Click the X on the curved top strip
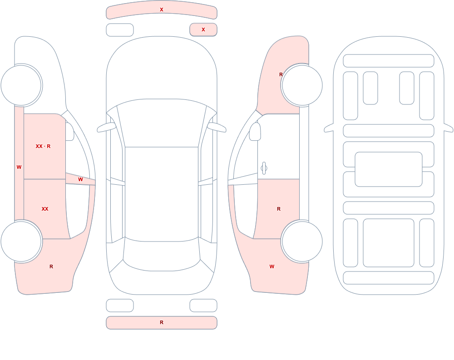[x=162, y=10]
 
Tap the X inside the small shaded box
[x=203, y=30]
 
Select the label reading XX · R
[x=43, y=146]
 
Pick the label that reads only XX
[x=45, y=209]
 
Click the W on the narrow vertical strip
[x=19, y=167]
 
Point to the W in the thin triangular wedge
[x=80, y=180]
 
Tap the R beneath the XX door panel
[x=51, y=266]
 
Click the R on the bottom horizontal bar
[x=162, y=322]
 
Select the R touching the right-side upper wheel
[x=281, y=74]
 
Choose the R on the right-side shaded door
[x=279, y=209]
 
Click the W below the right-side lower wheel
[x=272, y=266]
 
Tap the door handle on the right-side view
[x=264, y=168]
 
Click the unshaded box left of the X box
[x=120, y=30]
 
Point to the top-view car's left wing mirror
[x=106, y=127]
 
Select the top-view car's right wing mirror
[x=217, y=127]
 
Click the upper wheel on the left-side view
[x=21, y=85]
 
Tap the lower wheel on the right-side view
[x=302, y=241]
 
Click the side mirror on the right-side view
[x=255, y=132]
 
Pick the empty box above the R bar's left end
[x=120, y=306]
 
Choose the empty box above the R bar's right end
[x=203, y=306]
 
